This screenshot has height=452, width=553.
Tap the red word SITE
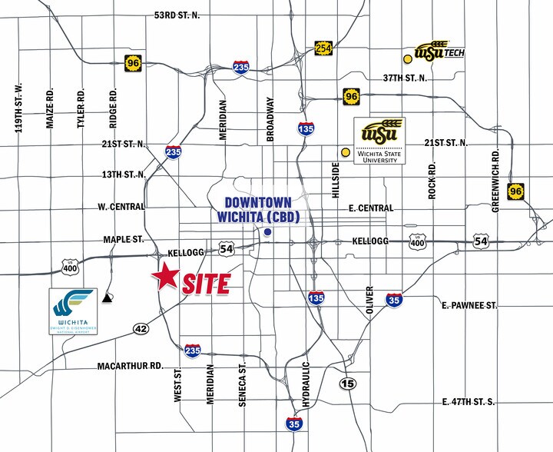pos(206,284)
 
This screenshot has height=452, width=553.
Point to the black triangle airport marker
pos(107,296)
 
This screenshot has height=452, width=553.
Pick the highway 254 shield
pos(323,48)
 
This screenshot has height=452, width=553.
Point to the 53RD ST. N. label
pos(177,15)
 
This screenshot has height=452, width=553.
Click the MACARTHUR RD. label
pos(130,366)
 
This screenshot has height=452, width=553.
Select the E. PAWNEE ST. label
pos(469,305)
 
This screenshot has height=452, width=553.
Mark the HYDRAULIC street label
pos(306,384)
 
